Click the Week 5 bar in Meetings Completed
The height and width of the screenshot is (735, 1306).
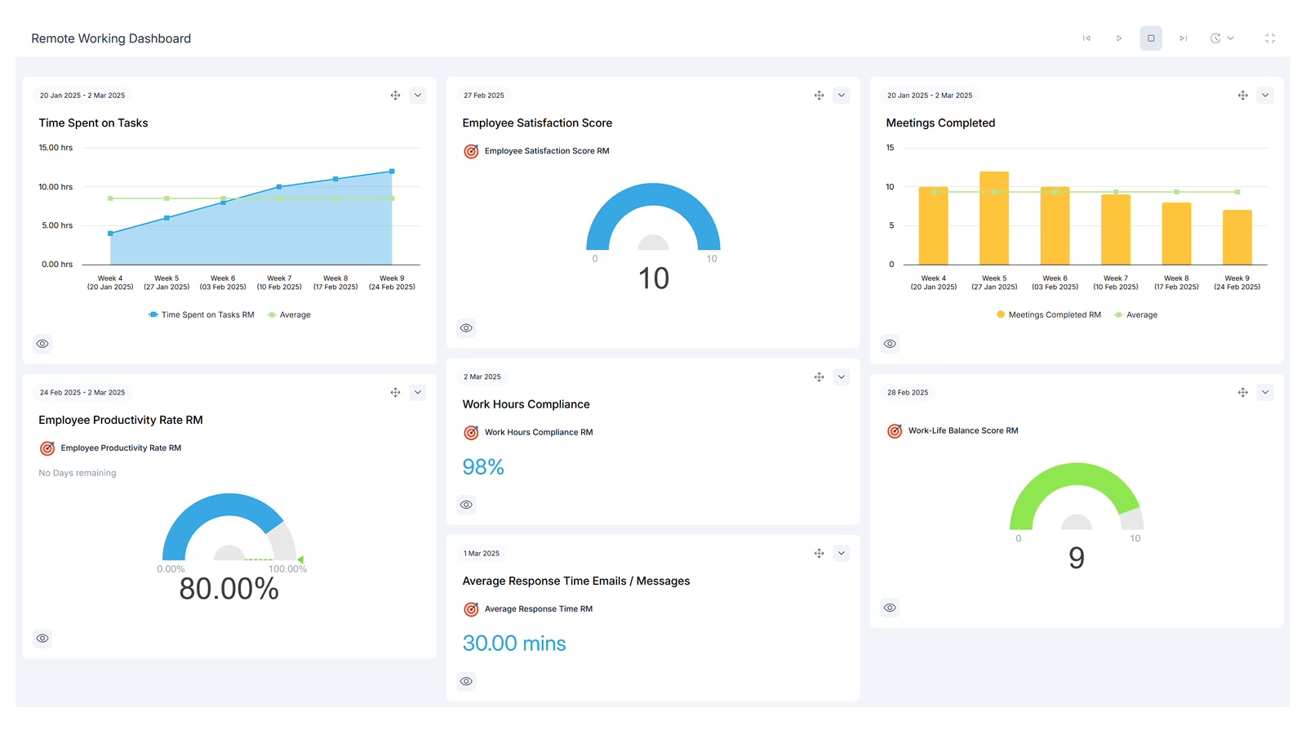(x=993, y=218)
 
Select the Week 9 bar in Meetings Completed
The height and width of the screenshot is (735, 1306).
(x=1237, y=238)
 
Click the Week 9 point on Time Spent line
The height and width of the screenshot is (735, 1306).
(x=392, y=171)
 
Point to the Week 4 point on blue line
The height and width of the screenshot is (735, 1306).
(x=110, y=234)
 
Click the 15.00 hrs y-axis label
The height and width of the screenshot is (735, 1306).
(x=56, y=148)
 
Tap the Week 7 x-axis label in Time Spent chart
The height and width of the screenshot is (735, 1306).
(x=279, y=283)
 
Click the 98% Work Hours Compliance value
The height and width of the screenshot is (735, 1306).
(x=483, y=467)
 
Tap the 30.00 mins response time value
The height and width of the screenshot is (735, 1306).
(x=514, y=644)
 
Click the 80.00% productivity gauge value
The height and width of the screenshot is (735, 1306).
(x=229, y=589)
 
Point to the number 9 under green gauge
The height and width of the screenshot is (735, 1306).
(x=1077, y=559)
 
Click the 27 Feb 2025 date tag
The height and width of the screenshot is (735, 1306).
(x=484, y=96)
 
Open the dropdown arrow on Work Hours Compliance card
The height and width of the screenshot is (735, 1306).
(x=842, y=376)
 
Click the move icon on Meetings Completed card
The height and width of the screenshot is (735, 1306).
(x=1242, y=96)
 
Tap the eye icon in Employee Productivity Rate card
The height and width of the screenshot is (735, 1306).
(x=42, y=638)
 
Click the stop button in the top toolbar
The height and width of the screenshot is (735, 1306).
(x=1151, y=38)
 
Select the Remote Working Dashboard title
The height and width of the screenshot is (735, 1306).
(x=111, y=38)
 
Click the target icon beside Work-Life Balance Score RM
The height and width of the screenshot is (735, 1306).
(x=895, y=430)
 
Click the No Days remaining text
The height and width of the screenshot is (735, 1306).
(x=78, y=473)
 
